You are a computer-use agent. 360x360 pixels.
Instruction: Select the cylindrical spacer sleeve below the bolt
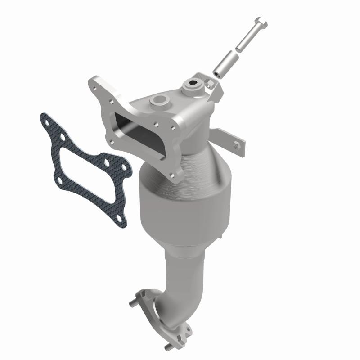(225, 63)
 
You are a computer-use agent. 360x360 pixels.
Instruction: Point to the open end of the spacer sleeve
(216, 72)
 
